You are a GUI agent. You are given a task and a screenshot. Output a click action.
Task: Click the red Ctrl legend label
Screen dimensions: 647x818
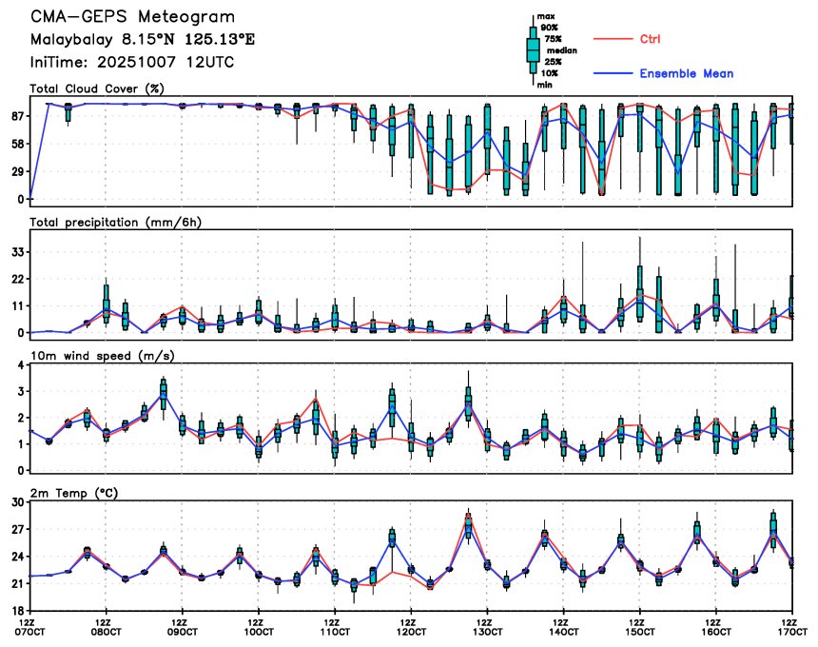click(x=652, y=39)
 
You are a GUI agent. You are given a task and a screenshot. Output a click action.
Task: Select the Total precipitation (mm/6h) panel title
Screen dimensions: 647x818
click(x=116, y=222)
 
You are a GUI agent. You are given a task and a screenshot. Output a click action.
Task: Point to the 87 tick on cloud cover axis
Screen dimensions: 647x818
click(x=16, y=116)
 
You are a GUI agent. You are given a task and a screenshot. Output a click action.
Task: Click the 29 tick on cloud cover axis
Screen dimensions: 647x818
click(x=16, y=172)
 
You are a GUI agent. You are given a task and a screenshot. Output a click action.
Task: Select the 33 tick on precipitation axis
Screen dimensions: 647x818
click(x=16, y=252)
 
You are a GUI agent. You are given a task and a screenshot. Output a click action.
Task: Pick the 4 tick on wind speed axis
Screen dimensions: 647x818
click(x=20, y=365)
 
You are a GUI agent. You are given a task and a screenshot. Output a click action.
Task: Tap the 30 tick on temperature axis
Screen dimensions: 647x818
click(x=16, y=501)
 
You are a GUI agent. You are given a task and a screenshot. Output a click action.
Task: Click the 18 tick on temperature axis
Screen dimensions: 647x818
click(x=16, y=610)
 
